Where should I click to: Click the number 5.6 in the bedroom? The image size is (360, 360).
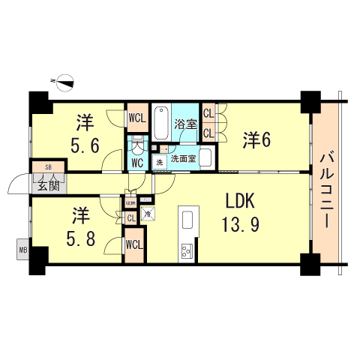(83, 145)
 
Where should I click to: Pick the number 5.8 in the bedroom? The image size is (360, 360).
(80, 241)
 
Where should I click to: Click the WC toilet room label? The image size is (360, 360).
(138, 162)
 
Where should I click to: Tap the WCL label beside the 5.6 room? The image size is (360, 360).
(137, 118)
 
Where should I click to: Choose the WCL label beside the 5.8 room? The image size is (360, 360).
(135, 245)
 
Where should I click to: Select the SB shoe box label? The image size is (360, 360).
(48, 167)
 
